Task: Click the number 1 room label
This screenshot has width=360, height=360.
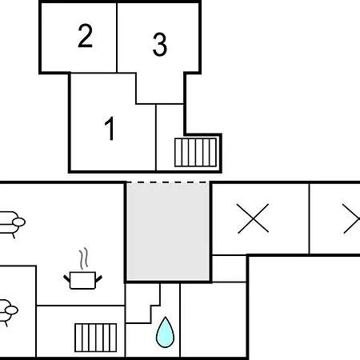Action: click(x=110, y=128)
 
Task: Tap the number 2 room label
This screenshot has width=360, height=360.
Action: click(x=85, y=36)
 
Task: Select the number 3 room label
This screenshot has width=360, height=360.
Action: click(x=160, y=44)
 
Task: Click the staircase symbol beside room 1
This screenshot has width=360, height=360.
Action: click(x=195, y=152)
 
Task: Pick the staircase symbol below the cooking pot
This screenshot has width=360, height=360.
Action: click(x=96, y=338)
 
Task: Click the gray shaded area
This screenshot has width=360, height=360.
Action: click(x=168, y=231)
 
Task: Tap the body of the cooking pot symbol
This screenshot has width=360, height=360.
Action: click(x=82, y=280)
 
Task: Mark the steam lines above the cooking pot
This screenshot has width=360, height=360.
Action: click(x=83, y=258)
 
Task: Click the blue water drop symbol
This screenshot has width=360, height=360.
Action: click(x=165, y=333)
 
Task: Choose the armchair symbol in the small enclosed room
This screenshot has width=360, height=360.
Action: click(x=7, y=312)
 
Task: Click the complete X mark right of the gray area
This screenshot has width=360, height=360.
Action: click(x=253, y=218)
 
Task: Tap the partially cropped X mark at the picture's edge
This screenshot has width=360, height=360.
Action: click(x=351, y=218)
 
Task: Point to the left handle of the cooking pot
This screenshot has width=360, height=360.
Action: click(x=66, y=279)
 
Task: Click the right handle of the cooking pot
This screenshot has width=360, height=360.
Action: click(x=98, y=279)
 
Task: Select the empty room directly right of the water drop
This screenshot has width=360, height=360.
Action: click(x=214, y=319)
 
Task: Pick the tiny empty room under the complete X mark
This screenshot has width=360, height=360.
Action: click(x=229, y=268)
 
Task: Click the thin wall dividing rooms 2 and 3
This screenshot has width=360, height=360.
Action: click(x=117, y=38)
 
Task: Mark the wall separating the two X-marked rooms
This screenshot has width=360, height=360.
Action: click(x=310, y=218)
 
